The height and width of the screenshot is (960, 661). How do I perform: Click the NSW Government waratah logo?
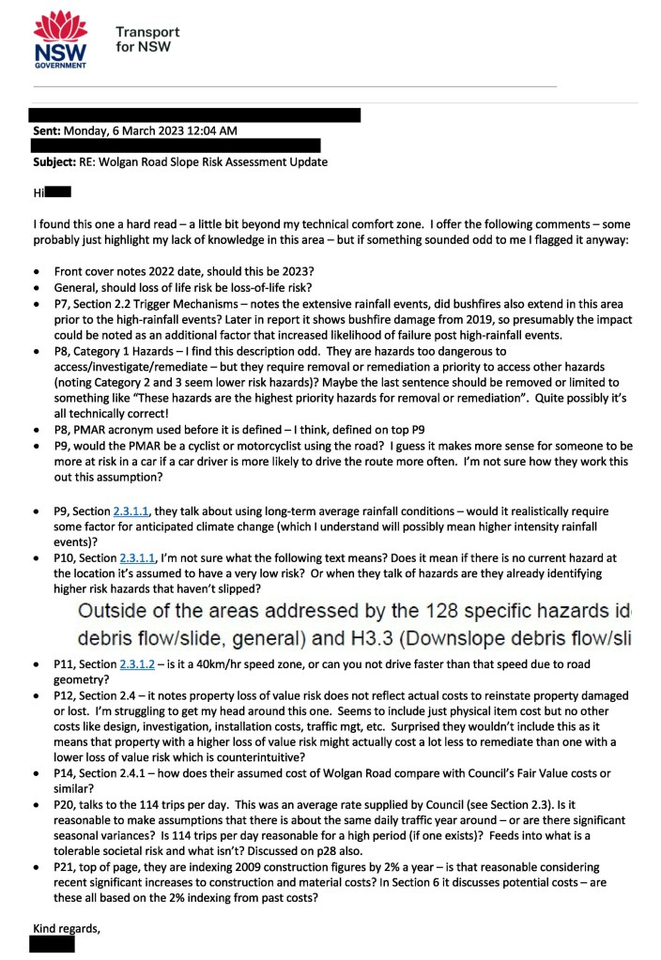tap(60, 39)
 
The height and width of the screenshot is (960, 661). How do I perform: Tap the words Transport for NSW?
tap(146, 38)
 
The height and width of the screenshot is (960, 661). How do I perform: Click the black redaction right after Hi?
tap(58, 193)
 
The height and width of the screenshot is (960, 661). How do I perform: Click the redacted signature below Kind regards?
tap(52, 944)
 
